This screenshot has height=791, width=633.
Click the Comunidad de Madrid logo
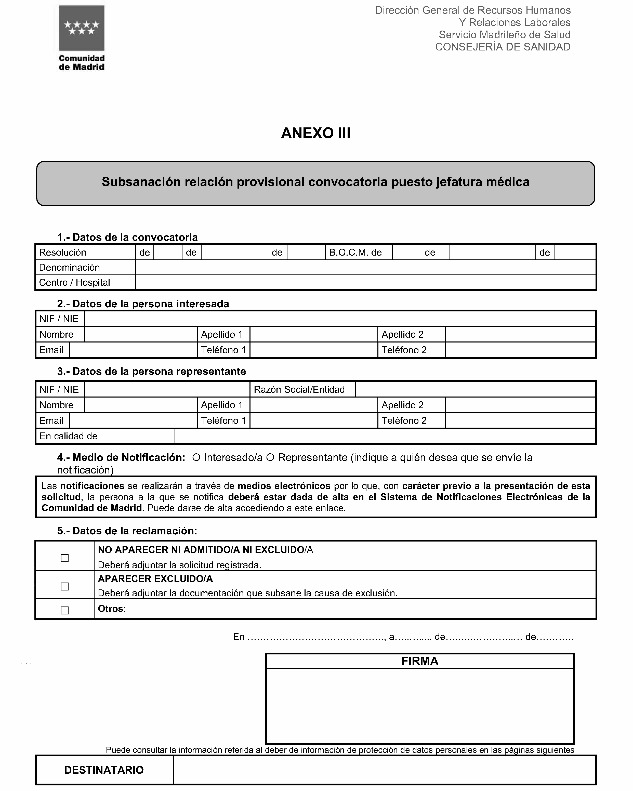click(x=82, y=37)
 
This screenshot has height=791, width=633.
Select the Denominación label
click(x=69, y=268)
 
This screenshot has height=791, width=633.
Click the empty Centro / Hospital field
click(x=365, y=283)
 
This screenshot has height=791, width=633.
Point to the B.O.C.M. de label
click(x=355, y=253)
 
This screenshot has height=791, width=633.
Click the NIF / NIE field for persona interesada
click(x=339, y=319)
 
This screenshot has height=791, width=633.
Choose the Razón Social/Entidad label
click(x=299, y=389)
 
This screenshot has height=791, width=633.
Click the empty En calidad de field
click(x=385, y=436)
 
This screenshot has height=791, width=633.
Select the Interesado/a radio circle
click(x=196, y=457)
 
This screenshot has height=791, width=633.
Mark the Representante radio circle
click(x=270, y=457)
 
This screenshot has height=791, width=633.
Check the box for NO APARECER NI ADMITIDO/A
click(x=64, y=558)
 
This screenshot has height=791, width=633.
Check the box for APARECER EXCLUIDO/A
click(x=64, y=587)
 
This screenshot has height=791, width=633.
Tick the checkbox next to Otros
click(x=64, y=611)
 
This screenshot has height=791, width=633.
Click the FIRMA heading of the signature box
click(x=419, y=661)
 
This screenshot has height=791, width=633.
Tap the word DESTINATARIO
click(x=104, y=770)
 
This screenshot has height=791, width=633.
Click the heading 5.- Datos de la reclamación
click(x=127, y=531)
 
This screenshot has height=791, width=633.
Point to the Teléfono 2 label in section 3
click(x=404, y=420)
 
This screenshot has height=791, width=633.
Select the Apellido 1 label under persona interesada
click(x=222, y=334)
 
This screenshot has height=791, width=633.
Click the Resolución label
click(x=62, y=253)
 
